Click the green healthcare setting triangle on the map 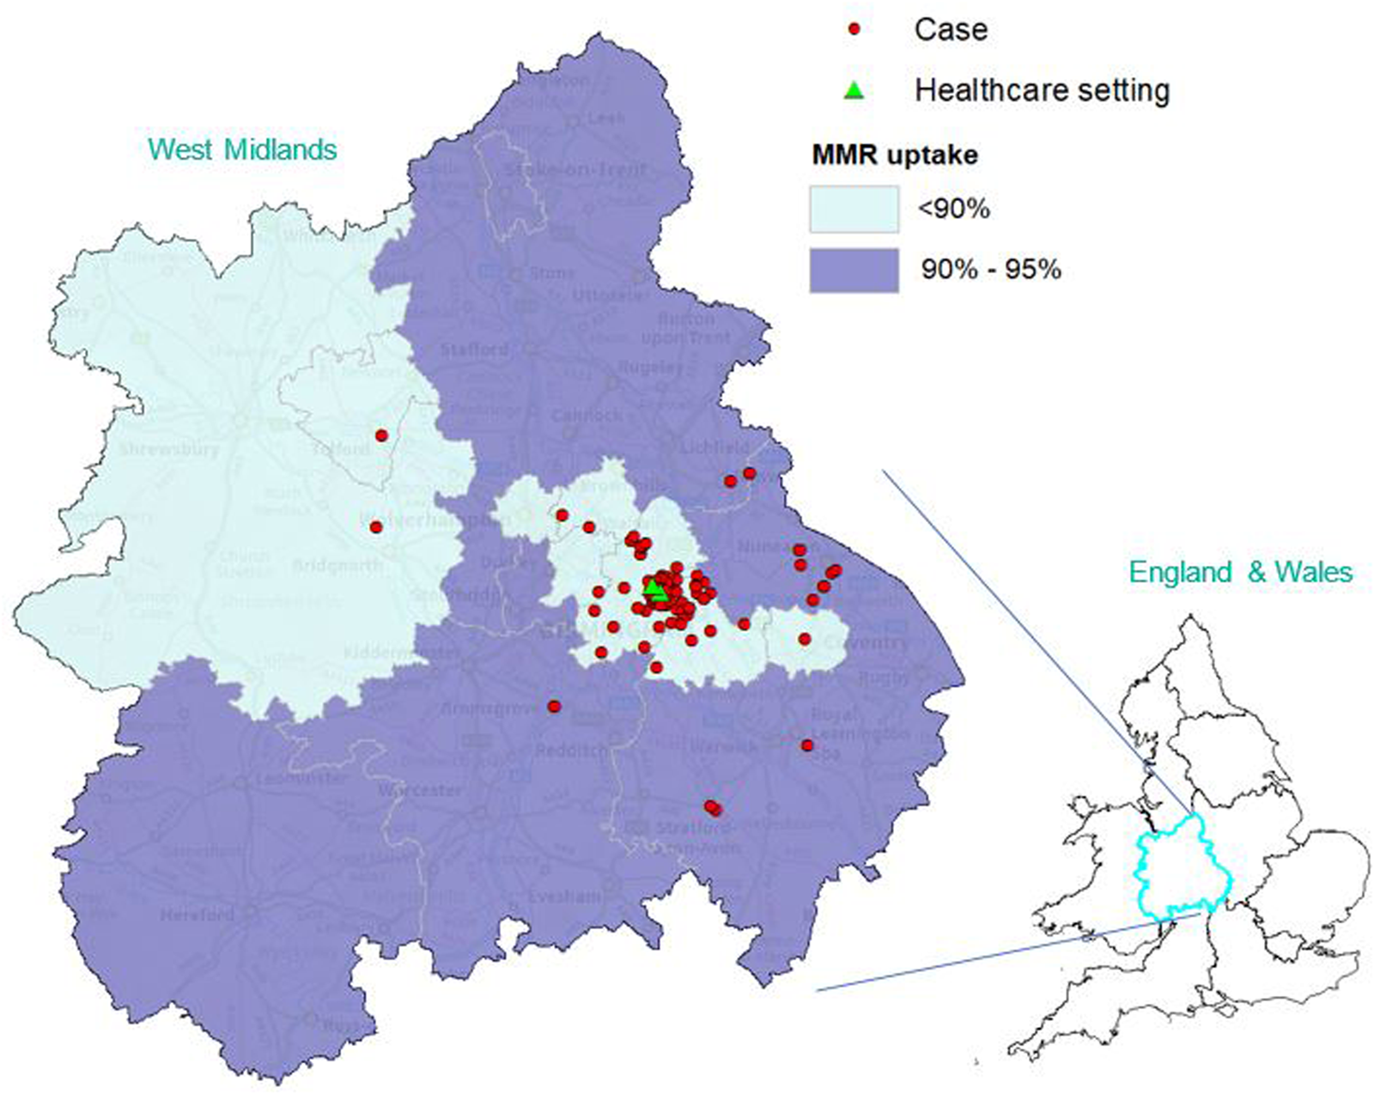tap(655, 590)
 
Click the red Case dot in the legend tap(854, 29)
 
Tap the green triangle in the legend tap(854, 89)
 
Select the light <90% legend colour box tap(854, 209)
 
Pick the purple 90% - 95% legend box tap(854, 270)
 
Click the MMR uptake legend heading tap(895, 155)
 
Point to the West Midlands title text tap(242, 149)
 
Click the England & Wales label tap(1240, 572)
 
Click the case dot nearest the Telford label tap(381, 435)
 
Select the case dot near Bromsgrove tap(554, 706)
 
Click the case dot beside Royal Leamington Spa tap(807, 745)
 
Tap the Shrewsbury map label tap(169, 449)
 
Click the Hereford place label tap(198, 915)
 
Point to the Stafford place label tap(473, 349)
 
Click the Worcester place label tap(419, 789)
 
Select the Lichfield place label tap(714, 447)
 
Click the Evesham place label tap(564, 896)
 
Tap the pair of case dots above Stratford tap(713, 808)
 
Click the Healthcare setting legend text tap(1042, 89)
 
